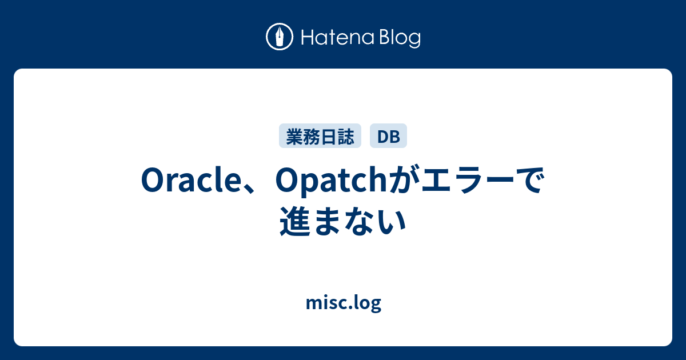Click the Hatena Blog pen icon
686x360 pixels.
[280, 37]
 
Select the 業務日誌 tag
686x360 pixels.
[320, 136]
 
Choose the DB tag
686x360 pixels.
[388, 136]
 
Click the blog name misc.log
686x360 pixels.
[343, 303]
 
